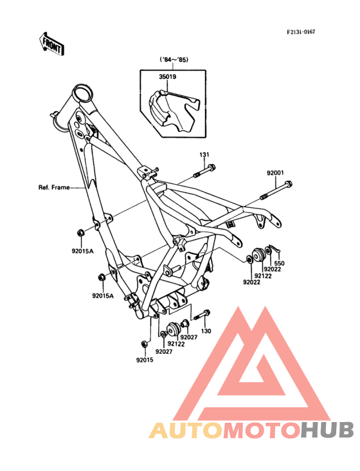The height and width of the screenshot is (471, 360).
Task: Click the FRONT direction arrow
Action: (x=51, y=44)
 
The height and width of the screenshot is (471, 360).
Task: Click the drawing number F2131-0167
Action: (x=301, y=32)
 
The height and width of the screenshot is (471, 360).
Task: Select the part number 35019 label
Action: (x=167, y=77)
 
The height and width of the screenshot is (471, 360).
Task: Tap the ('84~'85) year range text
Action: (x=174, y=60)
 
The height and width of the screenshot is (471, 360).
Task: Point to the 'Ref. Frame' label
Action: (x=54, y=187)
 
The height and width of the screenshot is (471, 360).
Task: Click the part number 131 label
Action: (x=204, y=154)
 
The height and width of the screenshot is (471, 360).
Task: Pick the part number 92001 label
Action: (x=275, y=173)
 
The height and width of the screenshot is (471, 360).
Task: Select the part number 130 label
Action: (x=206, y=331)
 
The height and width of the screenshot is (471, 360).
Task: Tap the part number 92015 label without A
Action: (x=145, y=360)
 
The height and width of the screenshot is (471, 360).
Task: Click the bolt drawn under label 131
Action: (x=205, y=171)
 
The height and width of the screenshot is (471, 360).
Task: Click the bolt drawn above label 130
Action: (x=202, y=315)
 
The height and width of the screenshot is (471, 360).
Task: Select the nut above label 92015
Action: (x=144, y=344)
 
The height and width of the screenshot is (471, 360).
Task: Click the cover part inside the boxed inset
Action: (x=174, y=111)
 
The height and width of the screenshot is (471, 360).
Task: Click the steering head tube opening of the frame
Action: (x=82, y=93)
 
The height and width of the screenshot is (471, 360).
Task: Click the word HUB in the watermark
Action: (x=327, y=430)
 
